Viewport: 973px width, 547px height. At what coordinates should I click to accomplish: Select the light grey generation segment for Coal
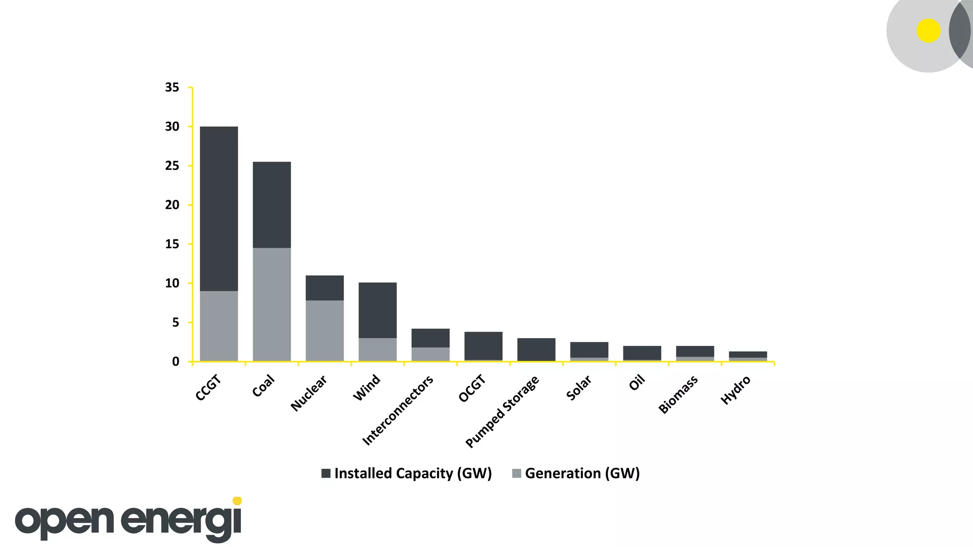click(x=271, y=304)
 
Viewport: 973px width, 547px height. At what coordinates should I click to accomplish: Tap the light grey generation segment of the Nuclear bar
click(x=324, y=330)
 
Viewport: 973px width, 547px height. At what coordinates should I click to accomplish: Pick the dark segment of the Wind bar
click(x=377, y=310)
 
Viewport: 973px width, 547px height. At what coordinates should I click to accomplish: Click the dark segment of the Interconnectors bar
click(x=430, y=338)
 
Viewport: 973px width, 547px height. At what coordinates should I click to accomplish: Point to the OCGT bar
click(x=483, y=346)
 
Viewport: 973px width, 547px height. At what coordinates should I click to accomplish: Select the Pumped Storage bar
click(x=536, y=349)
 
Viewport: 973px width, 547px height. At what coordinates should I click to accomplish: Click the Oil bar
click(x=642, y=353)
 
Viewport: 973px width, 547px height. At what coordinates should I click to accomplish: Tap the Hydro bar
click(x=748, y=355)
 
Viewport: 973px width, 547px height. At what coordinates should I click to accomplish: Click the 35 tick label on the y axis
click(x=172, y=87)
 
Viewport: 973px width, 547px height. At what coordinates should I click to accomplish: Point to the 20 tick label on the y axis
click(x=172, y=205)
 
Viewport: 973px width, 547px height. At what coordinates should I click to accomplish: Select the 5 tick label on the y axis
click(x=175, y=322)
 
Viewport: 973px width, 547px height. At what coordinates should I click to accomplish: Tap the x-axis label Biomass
click(x=678, y=394)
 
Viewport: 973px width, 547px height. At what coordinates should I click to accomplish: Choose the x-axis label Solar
click(x=579, y=387)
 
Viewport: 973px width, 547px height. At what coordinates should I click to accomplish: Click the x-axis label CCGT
click(x=208, y=387)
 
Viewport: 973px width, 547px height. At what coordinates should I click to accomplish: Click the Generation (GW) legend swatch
click(x=517, y=473)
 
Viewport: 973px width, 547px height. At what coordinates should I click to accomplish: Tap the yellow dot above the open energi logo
click(x=238, y=501)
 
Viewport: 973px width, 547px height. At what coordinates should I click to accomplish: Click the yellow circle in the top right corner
click(x=928, y=31)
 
